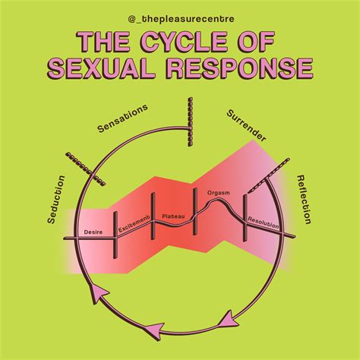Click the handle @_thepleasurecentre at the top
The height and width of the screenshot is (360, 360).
click(x=180, y=16)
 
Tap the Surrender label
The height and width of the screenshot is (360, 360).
click(x=245, y=125)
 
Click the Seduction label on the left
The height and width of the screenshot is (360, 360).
click(x=55, y=200)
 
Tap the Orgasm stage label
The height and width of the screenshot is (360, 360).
click(x=219, y=193)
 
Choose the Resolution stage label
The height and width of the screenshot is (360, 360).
click(x=262, y=223)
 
